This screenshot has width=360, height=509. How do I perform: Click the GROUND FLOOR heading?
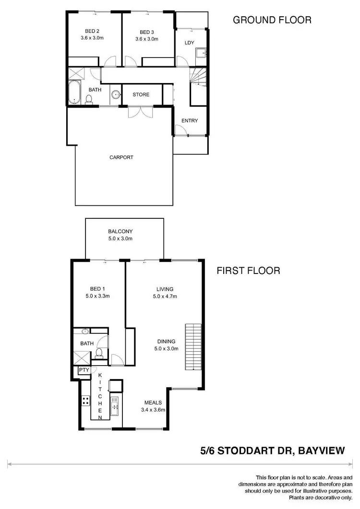[272, 20]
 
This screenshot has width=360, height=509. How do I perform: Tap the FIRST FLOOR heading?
[248, 271]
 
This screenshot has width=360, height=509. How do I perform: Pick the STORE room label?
[141, 95]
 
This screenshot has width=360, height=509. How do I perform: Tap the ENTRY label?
[190, 120]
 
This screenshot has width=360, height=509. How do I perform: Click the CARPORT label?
[121, 157]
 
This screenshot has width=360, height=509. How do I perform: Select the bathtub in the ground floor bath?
[73, 92]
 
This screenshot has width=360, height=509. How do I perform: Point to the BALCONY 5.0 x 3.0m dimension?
[120, 238]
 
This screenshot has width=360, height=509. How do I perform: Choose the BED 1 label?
[96, 289]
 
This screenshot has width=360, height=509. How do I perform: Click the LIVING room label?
[165, 289]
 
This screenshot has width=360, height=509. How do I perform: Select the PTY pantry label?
[84, 370]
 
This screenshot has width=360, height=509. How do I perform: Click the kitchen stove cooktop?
[85, 400]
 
